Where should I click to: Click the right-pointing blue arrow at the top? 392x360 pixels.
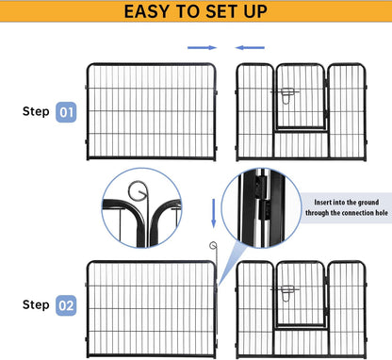click(202, 46)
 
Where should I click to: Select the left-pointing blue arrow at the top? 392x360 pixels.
click(250, 46)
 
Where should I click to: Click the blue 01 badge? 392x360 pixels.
click(67, 112)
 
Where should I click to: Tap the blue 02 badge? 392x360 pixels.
click(67, 305)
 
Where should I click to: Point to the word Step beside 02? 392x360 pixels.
click(36, 305)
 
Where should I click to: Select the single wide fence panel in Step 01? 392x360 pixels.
click(152, 111)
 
